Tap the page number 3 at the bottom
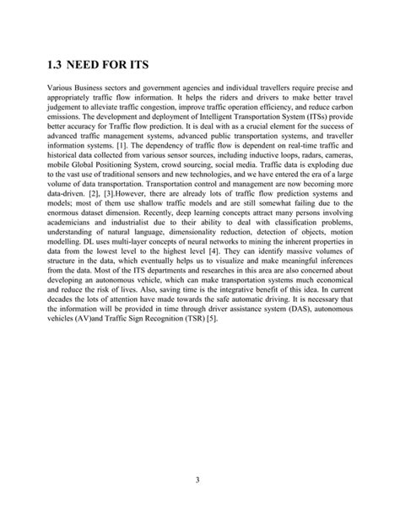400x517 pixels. pyautogui.click(x=199, y=480)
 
